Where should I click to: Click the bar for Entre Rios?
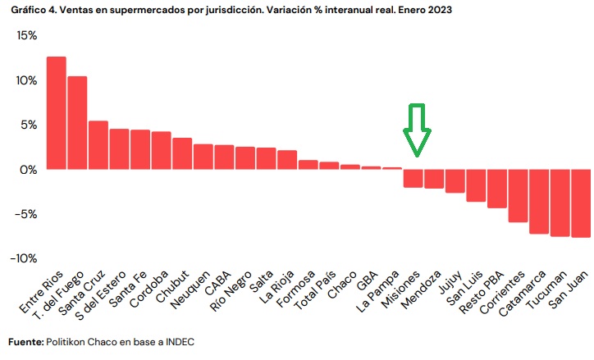tap(56, 113)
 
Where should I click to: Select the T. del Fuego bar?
tap(77, 123)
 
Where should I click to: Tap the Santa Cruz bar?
tap(98, 145)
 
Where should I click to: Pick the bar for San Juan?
tap(581, 203)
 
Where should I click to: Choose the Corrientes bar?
tap(518, 195)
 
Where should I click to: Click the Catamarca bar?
tap(539, 201)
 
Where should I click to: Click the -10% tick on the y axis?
tap(23, 258)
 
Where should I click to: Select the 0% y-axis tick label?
tap(29, 170)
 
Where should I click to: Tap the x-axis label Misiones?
tap(401, 289)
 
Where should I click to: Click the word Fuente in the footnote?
tap(25, 341)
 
